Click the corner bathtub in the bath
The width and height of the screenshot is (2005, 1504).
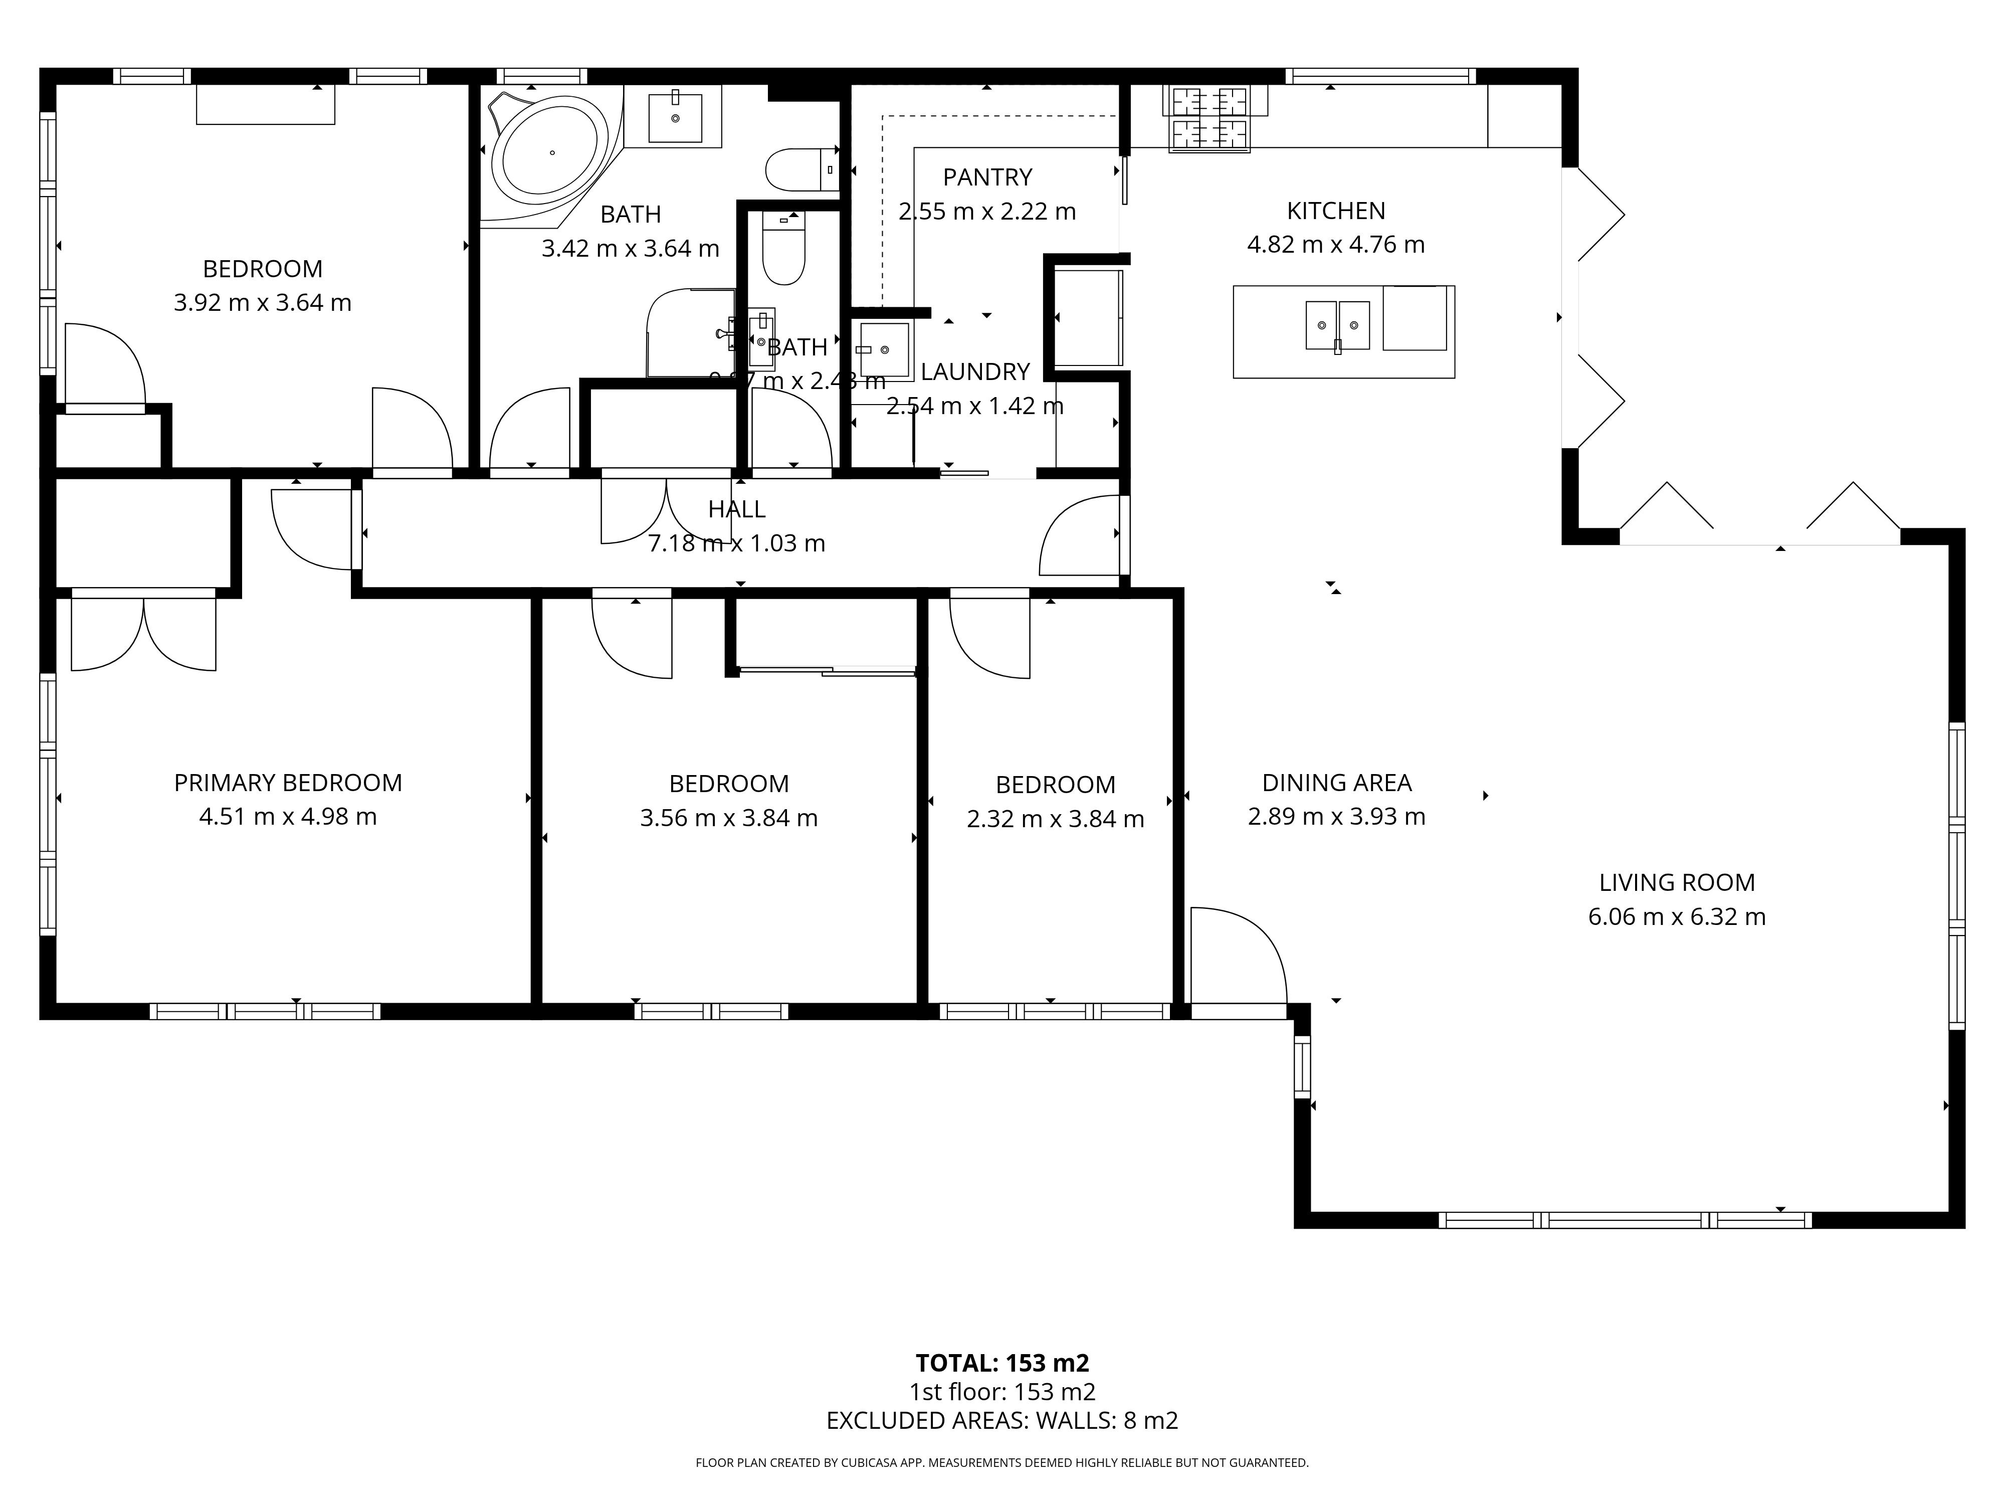point(550,153)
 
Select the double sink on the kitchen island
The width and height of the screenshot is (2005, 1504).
point(1337,324)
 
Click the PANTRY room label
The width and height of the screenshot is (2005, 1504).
point(987,177)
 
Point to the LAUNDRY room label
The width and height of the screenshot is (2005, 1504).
point(974,371)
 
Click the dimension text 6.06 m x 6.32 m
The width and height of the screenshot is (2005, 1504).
point(1676,916)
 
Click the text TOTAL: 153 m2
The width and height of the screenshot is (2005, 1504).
point(1001,1363)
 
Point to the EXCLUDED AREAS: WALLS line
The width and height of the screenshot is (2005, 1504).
point(1001,1421)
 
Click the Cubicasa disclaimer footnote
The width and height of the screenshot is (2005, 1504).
point(1001,1462)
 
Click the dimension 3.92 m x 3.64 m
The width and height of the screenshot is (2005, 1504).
point(262,303)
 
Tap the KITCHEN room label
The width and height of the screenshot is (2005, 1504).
point(1335,211)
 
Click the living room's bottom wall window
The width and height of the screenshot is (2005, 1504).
point(1625,1220)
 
